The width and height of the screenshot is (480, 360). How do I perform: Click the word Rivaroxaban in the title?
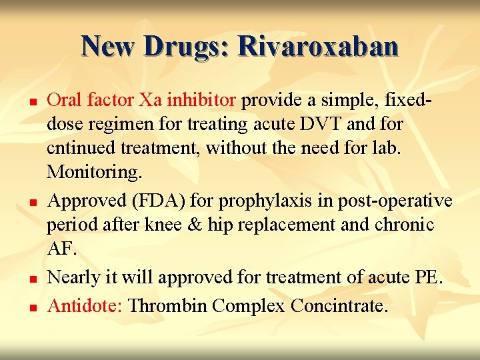point(318,46)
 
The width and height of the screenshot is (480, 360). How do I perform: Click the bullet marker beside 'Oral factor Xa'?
point(31,102)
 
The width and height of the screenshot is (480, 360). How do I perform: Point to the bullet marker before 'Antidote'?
point(31,307)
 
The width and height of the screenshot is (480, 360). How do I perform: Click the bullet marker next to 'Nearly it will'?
point(31,279)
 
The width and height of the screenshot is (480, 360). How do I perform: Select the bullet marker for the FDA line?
point(31,202)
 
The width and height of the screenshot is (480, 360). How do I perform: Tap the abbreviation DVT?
point(321,124)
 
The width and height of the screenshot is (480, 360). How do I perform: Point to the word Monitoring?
point(94,173)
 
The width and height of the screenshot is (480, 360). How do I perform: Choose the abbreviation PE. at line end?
point(427,277)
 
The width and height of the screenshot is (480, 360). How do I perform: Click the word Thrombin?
point(169,306)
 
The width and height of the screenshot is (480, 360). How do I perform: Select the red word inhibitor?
point(201,100)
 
